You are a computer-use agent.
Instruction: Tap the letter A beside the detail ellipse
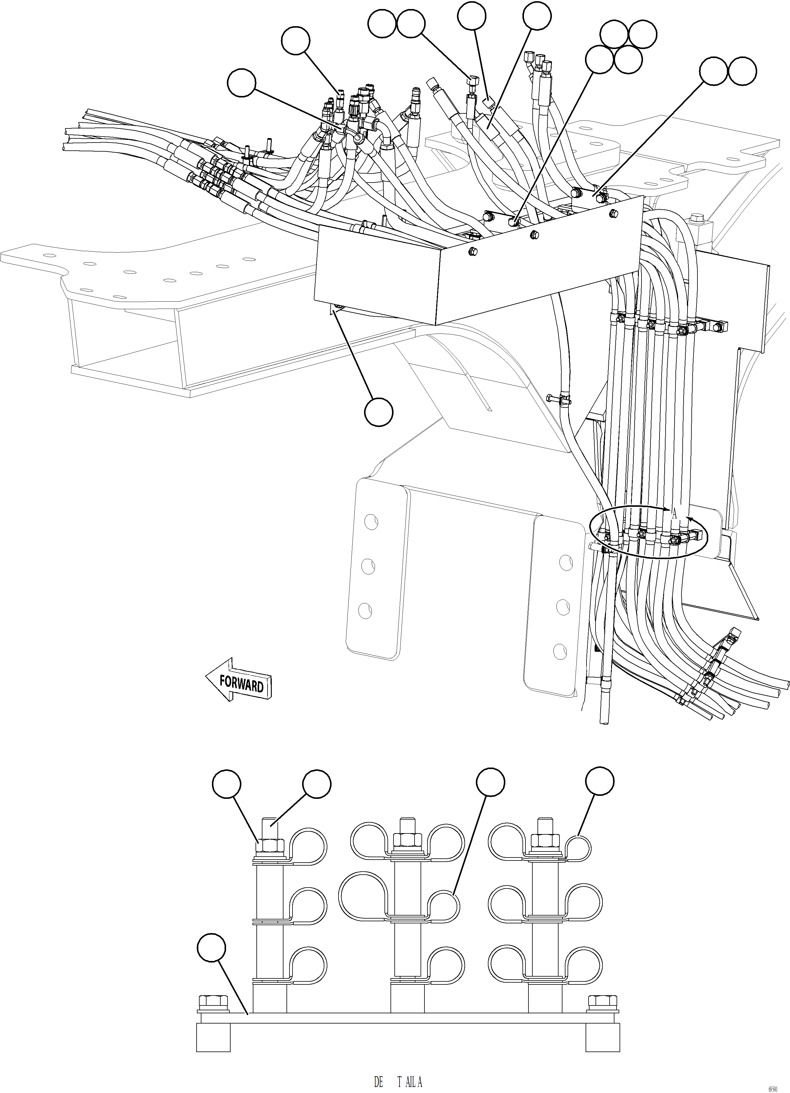[x=674, y=515]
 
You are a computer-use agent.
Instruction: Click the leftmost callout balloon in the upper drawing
[x=241, y=82]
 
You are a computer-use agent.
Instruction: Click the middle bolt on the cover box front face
[x=533, y=234]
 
